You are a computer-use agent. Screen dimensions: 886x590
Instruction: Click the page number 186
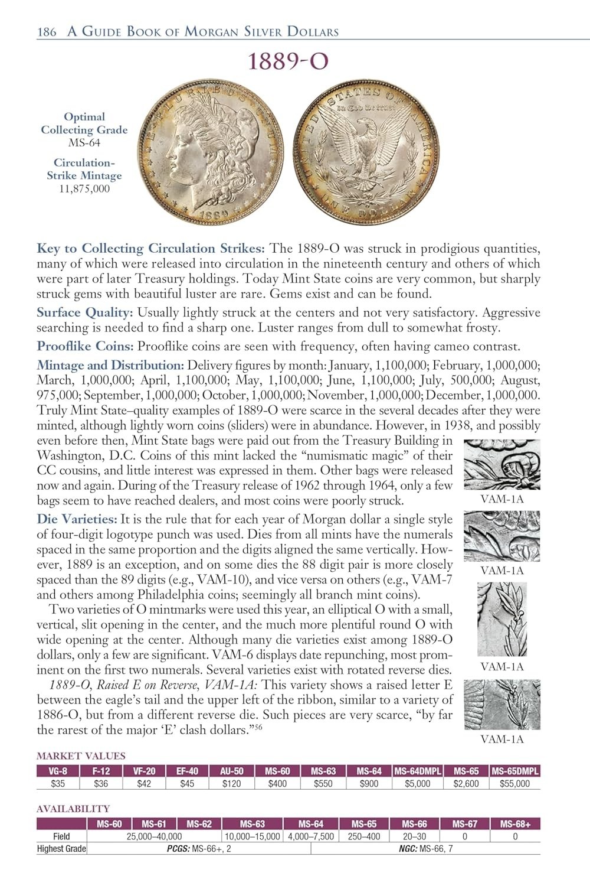tap(47, 32)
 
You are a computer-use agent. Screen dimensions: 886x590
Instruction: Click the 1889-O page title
tap(287, 61)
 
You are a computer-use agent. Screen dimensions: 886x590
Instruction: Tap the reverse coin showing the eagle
tap(367, 152)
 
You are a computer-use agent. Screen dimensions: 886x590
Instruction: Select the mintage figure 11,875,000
tap(84, 189)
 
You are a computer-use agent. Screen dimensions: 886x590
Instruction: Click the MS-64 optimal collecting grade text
tap(84, 143)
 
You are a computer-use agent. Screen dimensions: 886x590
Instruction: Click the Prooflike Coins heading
tap(85, 347)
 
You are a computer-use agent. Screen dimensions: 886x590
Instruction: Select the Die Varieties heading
tap(77, 519)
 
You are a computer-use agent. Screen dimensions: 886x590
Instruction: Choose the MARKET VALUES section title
tap(81, 755)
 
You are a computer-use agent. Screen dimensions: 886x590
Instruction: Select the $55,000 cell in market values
tap(514, 784)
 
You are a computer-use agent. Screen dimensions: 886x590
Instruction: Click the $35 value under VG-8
tap(58, 784)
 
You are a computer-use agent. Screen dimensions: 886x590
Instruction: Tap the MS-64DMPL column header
tap(417, 771)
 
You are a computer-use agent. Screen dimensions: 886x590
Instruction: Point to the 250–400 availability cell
tap(364, 836)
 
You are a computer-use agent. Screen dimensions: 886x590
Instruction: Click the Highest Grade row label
tap(61, 849)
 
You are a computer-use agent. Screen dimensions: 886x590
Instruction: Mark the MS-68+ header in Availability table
tap(515, 824)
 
